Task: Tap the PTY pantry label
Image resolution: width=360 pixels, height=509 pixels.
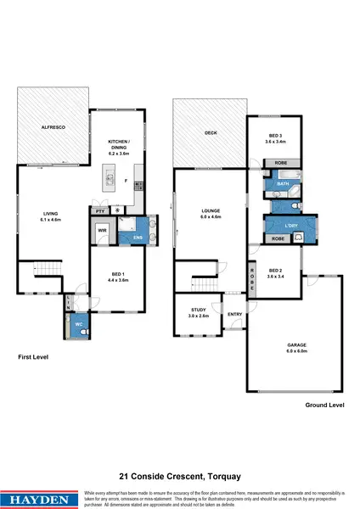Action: tap(99, 210)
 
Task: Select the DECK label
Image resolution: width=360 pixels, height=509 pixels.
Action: tap(209, 133)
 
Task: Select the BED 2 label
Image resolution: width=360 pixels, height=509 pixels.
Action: tap(274, 273)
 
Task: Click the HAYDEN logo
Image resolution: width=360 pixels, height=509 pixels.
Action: tap(40, 494)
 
